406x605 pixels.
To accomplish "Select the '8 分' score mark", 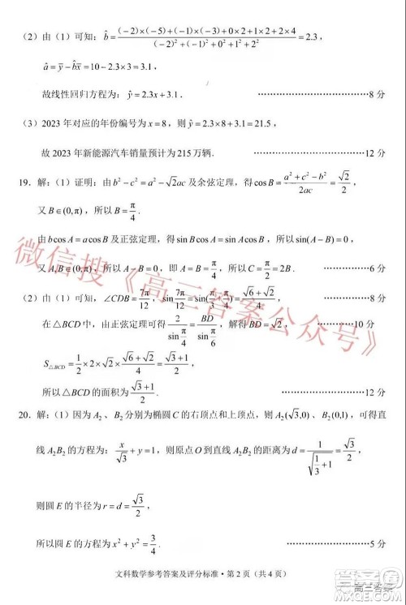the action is [375, 95].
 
